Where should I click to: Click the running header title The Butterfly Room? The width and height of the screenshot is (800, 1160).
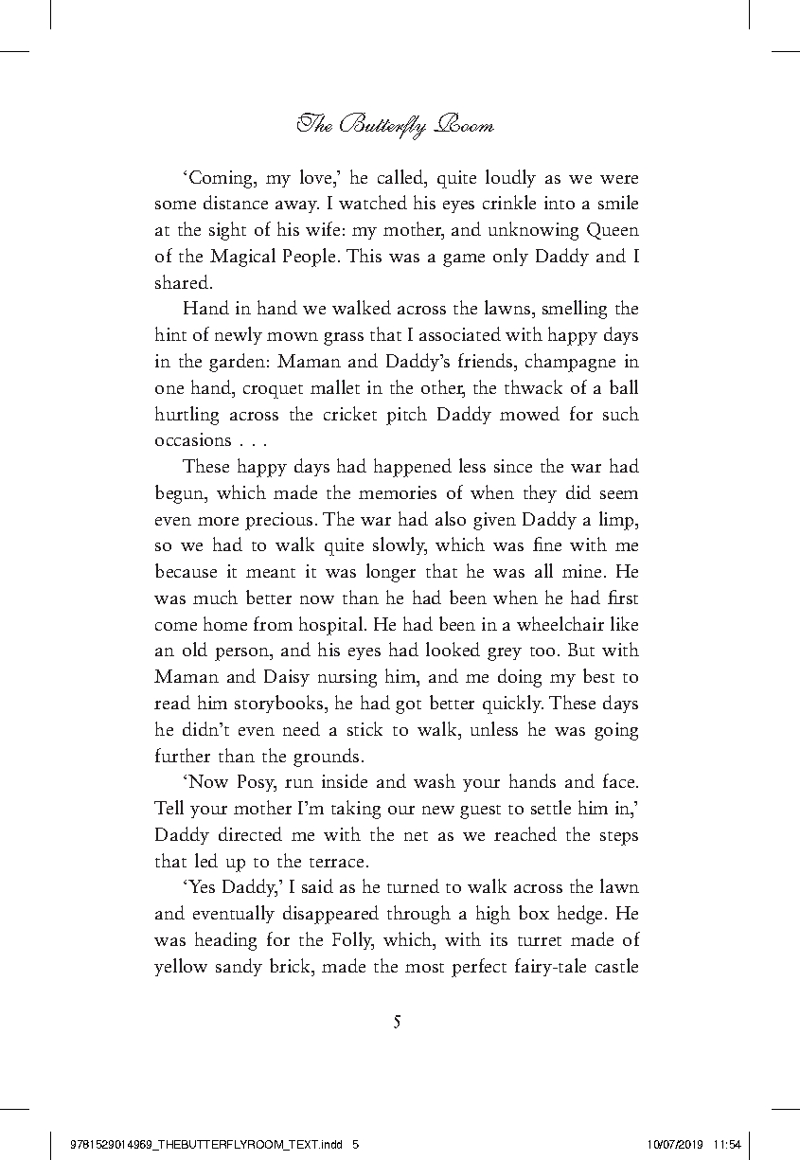coord(396,124)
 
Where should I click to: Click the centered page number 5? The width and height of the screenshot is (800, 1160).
coord(398,1022)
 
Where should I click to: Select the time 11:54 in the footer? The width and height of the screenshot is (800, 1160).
coord(729,1144)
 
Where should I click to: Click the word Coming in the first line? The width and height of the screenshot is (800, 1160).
coord(219,178)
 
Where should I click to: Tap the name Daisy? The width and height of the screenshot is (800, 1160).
coord(313,677)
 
